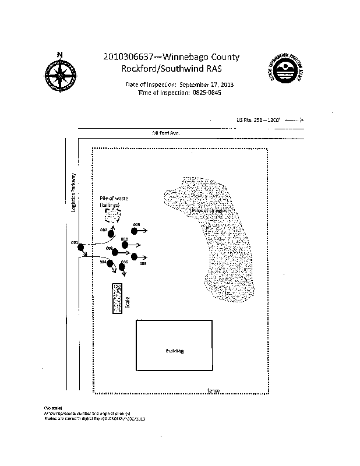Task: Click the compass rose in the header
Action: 59,76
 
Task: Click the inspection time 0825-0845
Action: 207,93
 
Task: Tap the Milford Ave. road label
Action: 165,133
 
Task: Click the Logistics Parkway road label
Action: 74,192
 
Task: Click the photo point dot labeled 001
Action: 81,248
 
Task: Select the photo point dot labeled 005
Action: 135,231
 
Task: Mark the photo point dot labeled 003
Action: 125,245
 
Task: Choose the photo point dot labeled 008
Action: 135,256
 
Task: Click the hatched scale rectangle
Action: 117,299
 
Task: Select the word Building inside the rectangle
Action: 175,351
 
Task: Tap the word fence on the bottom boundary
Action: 213,390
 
